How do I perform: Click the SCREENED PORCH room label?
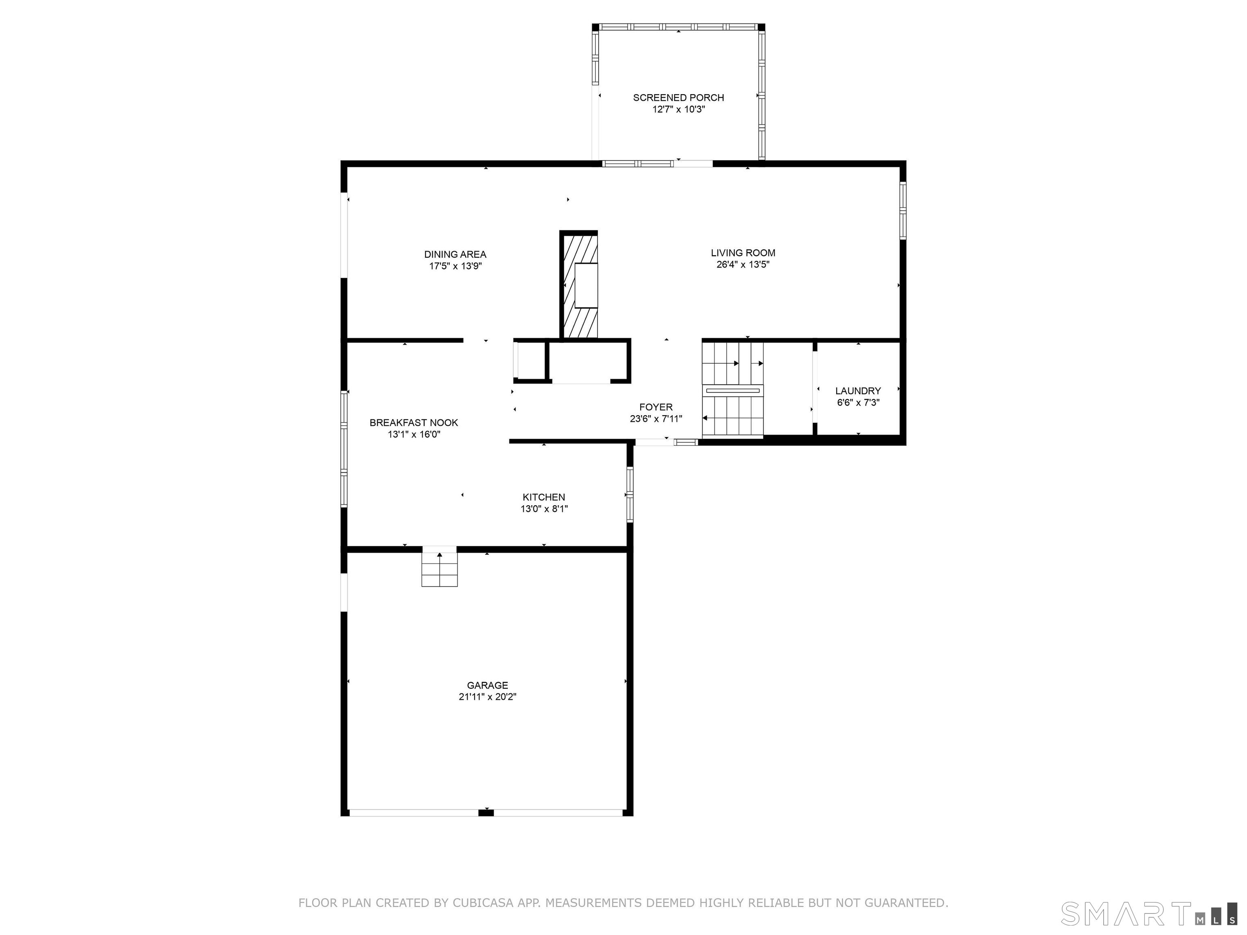click(x=678, y=97)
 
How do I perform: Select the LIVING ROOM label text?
click(x=743, y=253)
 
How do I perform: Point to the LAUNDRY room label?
click(x=858, y=390)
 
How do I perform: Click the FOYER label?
click(x=656, y=407)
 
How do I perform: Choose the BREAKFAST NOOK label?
click(x=414, y=423)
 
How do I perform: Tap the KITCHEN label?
click(x=544, y=497)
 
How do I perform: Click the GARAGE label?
click(x=487, y=685)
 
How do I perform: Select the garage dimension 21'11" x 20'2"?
click(x=487, y=697)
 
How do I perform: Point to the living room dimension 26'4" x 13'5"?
click(x=743, y=264)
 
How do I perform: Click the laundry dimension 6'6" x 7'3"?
click(x=858, y=403)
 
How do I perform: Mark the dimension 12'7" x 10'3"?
click(x=679, y=109)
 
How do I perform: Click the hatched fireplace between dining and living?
click(x=579, y=285)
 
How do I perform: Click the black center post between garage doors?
click(x=486, y=812)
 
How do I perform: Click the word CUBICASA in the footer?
click(x=483, y=903)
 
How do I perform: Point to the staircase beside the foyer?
click(x=732, y=389)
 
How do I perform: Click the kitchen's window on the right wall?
click(x=630, y=494)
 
